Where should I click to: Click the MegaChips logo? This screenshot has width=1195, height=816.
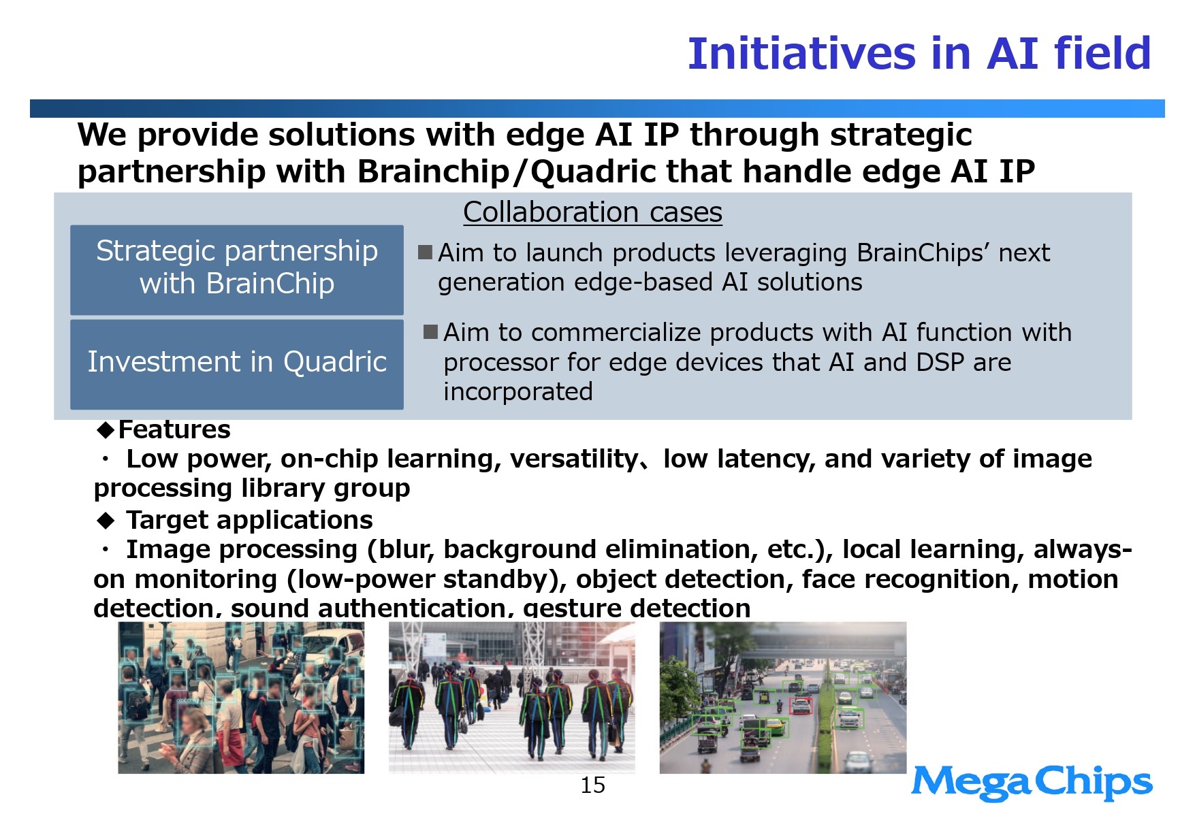[x=1032, y=783]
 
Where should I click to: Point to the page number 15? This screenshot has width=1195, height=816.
[x=592, y=785]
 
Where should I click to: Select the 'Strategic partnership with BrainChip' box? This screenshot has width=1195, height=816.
[x=237, y=270]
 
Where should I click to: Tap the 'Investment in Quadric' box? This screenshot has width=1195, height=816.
[x=237, y=364]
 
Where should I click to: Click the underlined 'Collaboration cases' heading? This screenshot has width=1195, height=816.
[x=592, y=212]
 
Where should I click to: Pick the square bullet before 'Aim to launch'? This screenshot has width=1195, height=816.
[x=426, y=252]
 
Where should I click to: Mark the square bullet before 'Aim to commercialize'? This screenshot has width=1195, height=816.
[x=431, y=332]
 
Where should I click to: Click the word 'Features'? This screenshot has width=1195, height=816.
[x=174, y=429]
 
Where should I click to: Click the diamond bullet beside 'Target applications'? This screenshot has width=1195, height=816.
[x=106, y=521]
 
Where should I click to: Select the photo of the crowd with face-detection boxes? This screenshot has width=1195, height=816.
[x=241, y=698]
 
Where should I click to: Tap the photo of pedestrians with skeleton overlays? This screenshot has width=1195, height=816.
[x=511, y=698]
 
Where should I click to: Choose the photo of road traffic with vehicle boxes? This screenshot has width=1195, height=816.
[x=783, y=698]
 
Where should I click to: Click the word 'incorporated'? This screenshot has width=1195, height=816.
[x=518, y=392]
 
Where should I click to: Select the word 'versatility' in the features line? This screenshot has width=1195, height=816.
[x=573, y=459]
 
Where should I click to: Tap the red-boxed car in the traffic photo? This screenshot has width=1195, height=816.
[x=801, y=706]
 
